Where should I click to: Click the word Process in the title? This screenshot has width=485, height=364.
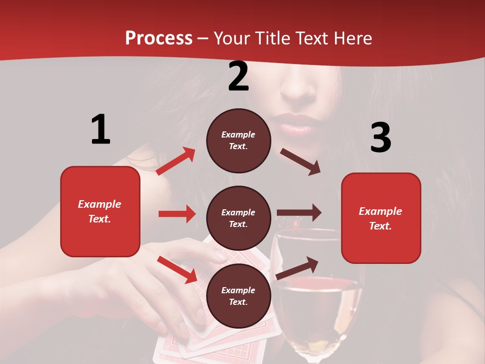[159, 38]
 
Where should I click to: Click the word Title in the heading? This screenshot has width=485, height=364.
[271, 38]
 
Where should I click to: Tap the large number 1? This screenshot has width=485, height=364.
[101, 129]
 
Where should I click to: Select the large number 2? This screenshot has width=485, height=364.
[238, 76]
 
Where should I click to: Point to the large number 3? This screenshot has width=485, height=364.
[380, 138]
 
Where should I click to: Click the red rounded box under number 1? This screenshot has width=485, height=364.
[100, 211]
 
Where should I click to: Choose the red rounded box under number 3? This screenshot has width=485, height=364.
[381, 218]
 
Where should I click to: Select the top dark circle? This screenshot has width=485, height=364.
[238, 141]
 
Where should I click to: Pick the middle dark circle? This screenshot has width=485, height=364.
[238, 218]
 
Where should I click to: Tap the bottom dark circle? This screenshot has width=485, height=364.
[238, 296]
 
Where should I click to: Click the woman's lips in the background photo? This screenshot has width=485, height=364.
[295, 124]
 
